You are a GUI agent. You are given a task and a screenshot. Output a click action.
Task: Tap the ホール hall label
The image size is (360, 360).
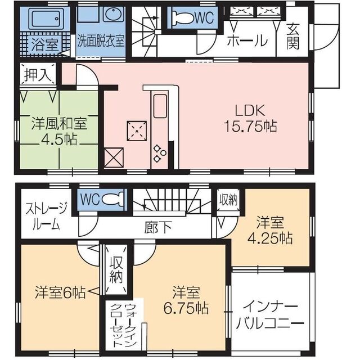(247, 40)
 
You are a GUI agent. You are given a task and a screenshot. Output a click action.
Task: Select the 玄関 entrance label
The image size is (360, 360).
(293, 37)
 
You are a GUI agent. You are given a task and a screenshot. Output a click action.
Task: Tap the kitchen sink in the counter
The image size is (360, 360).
(159, 105)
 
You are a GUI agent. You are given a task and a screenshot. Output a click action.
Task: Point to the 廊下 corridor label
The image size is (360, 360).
(157, 228)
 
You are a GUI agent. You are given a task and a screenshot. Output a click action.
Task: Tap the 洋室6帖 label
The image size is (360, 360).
(60, 292)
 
